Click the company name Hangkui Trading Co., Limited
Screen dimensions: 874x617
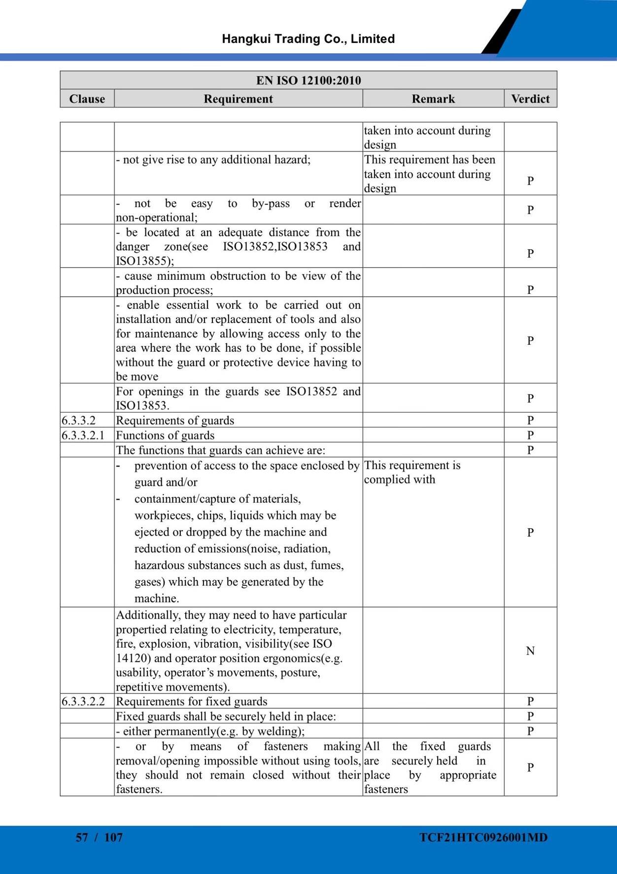tap(308, 39)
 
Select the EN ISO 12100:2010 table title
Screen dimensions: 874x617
tap(308, 80)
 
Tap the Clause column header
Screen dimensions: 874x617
tap(87, 99)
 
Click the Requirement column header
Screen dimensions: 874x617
tap(238, 99)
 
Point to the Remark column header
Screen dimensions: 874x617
tap(433, 99)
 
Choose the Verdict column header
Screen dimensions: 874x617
tap(530, 99)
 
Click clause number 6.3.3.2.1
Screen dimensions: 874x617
tap(83, 435)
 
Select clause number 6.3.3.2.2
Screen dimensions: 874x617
tap(83, 701)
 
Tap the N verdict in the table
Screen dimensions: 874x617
tap(530, 651)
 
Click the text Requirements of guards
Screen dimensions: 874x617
tap(175, 420)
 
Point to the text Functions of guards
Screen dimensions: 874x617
tap(165, 435)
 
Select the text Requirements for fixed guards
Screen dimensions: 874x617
tap(192, 701)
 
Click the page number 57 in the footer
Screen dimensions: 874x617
tap(82, 837)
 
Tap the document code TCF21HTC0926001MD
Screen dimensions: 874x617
tap(483, 837)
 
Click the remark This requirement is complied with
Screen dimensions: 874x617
tap(412, 473)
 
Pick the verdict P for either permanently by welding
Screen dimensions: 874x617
tap(530, 730)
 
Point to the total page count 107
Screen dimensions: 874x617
tap(113, 837)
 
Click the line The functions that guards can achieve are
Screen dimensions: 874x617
tap(220, 450)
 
